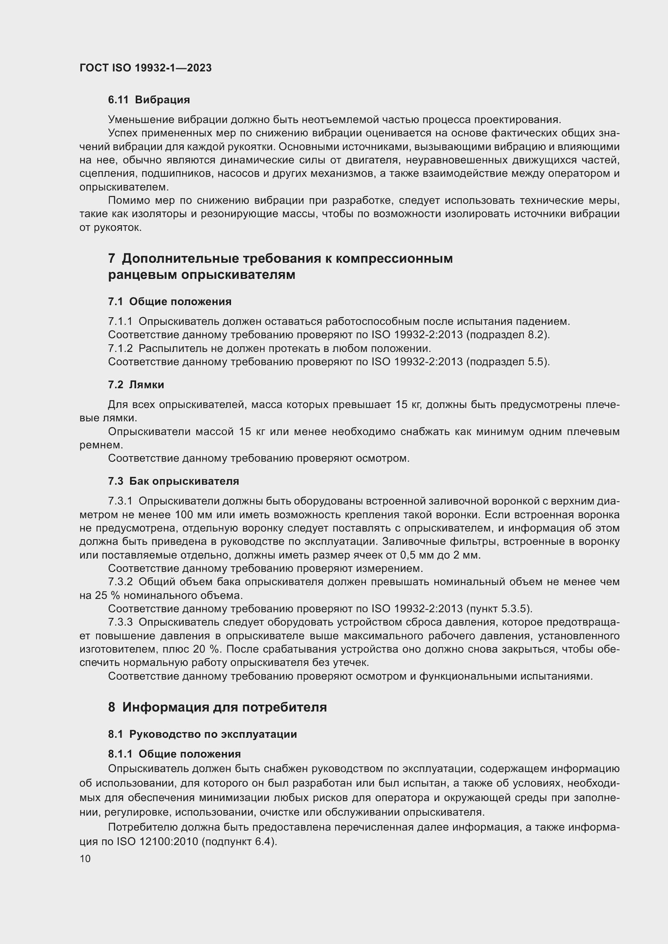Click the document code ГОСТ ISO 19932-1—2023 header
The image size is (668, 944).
coord(146,68)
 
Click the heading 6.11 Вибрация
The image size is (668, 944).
coord(149,100)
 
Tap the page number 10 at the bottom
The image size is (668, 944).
coord(85,858)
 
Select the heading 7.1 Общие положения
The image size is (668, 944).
coord(170,301)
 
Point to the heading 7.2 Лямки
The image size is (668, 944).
coord(136,385)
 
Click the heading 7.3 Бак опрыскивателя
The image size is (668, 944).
coord(173,481)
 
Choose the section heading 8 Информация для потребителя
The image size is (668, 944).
coord(217,707)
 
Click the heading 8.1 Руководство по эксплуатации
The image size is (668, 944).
coord(202,734)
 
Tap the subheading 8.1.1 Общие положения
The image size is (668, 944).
coord(174,754)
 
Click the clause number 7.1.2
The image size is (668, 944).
coord(120,348)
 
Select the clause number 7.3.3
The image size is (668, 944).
coord(120,622)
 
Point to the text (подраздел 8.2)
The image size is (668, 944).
coord(508,335)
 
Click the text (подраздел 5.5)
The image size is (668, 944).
coord(508,362)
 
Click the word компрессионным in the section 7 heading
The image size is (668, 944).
coord(394,258)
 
